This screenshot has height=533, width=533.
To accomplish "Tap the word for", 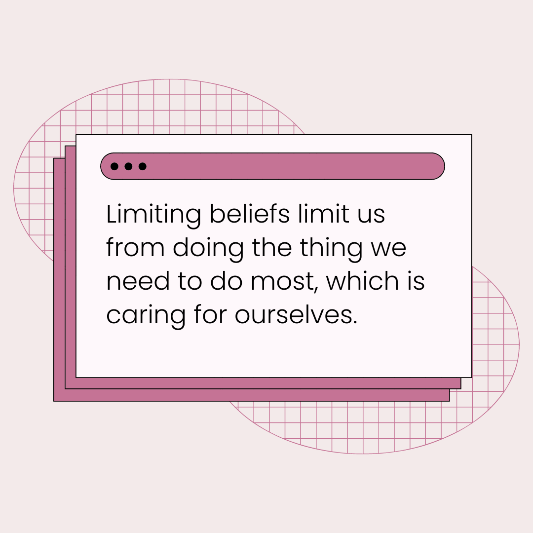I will coord(211,314).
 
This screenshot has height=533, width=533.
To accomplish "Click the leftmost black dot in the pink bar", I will coord(114,166).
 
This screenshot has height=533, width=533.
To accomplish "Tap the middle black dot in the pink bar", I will coord(128,166).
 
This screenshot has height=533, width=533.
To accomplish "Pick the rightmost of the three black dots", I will coord(143,166).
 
